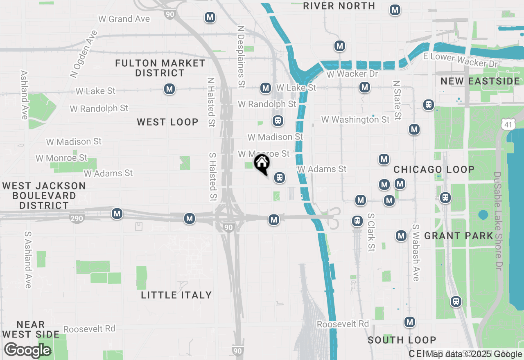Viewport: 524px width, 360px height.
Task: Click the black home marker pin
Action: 262,164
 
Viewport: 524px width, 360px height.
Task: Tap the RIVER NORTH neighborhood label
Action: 339,6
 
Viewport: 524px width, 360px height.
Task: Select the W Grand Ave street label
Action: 124,19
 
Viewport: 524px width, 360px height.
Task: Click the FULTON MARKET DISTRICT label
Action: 160,68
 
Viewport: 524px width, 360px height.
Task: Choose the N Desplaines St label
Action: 241,57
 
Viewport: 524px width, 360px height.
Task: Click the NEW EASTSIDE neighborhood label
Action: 480,81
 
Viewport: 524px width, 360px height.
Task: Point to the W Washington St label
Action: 355,119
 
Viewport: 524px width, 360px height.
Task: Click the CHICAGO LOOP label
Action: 434,169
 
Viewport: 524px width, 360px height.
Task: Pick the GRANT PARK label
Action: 459,236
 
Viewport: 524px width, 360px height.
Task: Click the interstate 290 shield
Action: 77,218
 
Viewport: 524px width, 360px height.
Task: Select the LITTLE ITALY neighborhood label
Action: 176,295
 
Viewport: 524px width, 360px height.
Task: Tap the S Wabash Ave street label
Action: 416,252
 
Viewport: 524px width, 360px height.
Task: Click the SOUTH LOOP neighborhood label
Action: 402,340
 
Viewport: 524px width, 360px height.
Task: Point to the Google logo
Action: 27,351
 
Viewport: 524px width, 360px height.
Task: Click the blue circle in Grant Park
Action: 483,215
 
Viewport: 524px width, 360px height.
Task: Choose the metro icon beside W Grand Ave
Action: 210,18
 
